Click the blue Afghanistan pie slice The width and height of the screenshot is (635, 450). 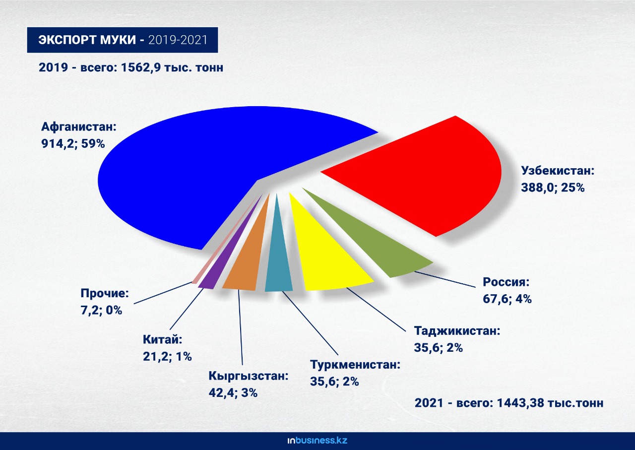pos(198,170)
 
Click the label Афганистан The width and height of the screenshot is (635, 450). pos(79,127)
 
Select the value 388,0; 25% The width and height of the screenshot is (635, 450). pos(553,188)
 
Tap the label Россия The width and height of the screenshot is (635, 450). pos(506,282)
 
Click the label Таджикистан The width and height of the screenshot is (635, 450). pos(457,330)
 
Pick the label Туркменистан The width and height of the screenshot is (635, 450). pos(355,365)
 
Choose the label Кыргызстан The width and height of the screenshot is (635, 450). pos(249,376)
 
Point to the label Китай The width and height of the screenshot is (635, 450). pos(162,339)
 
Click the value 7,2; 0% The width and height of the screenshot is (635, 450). pos(101,310)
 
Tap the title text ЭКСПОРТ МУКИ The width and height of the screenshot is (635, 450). pos(87,40)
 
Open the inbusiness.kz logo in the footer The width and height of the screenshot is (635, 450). pos(317,441)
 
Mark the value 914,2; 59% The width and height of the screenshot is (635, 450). pos(73,144)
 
